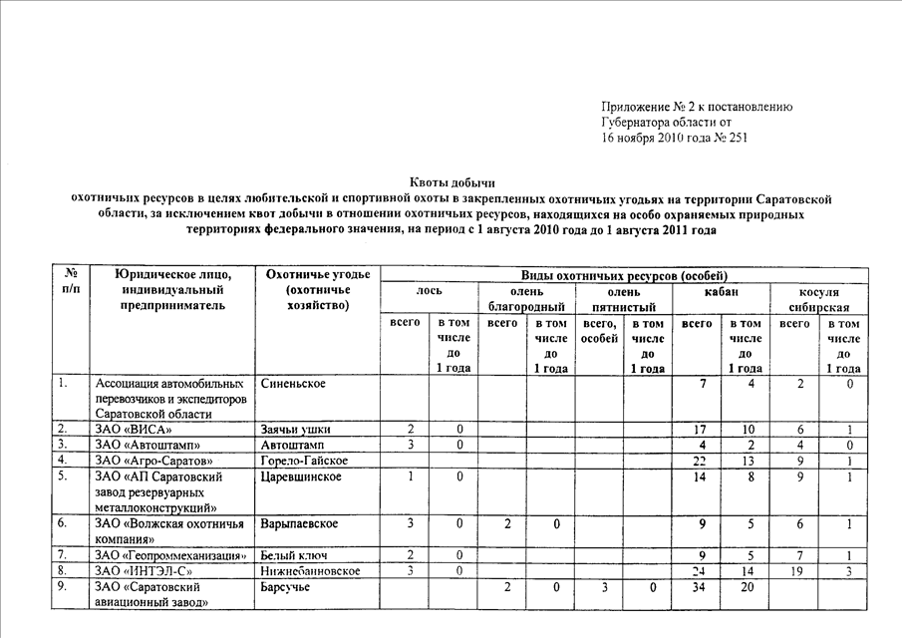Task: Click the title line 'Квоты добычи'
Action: point(452,182)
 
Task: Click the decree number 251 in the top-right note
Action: point(736,139)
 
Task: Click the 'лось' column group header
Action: point(429,290)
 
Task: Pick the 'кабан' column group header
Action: point(722,290)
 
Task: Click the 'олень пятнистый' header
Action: point(624,298)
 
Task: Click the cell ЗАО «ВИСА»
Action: point(140,430)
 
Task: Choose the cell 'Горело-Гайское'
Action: point(304,460)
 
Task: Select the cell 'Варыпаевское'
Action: point(299,523)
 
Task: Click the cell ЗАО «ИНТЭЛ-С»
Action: point(145,570)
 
